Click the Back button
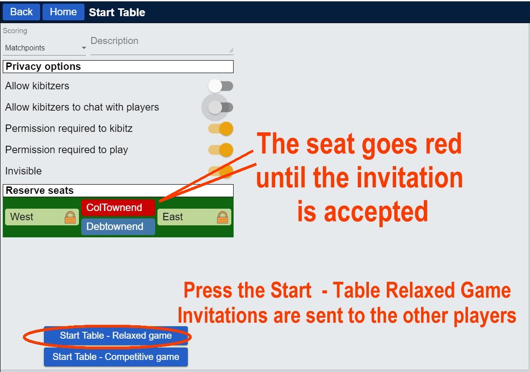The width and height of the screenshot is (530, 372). coord(21,12)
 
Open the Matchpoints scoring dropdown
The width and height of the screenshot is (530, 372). coord(45,48)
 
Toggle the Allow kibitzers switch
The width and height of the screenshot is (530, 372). coord(220,86)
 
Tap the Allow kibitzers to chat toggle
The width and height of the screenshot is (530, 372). coord(220,107)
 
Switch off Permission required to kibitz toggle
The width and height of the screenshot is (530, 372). coord(221,129)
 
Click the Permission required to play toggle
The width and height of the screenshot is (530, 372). coord(221,150)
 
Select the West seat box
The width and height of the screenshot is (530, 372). coord(42,217)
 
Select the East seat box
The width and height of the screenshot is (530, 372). coord(194,217)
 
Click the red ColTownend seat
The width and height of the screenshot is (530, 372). coord(118,208)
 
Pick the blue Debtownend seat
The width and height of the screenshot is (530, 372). coord(118,226)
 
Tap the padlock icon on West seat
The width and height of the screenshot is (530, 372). coord(70,217)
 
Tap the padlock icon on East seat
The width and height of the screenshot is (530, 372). coord(223,217)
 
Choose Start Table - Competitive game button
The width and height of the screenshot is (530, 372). coord(115,357)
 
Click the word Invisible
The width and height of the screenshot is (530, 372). coord(24,171)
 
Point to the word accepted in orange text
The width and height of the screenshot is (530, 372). coord(376,212)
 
